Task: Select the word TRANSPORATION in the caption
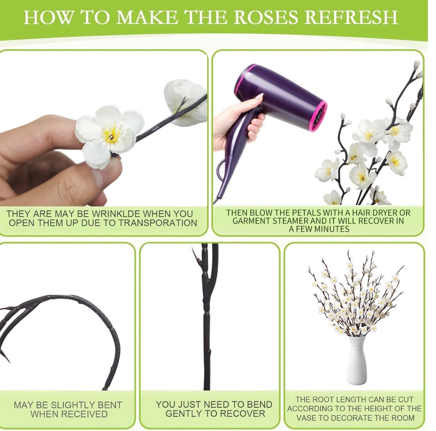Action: point(158,223)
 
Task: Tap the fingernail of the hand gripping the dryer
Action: point(259,97)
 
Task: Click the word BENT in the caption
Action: point(111,405)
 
